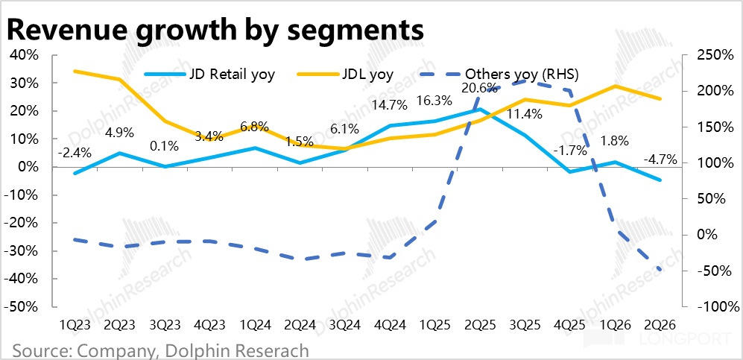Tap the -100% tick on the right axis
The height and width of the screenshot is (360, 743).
(714, 307)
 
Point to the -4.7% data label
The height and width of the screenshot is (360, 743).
(660, 160)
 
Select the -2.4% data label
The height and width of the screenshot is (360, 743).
(74, 153)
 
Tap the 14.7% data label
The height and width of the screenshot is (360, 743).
(389, 105)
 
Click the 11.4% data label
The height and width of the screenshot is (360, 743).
(525, 114)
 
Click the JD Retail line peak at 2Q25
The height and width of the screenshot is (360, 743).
(479, 110)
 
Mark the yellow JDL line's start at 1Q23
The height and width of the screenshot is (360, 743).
(74, 71)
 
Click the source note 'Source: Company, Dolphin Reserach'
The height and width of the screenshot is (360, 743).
(160, 351)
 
